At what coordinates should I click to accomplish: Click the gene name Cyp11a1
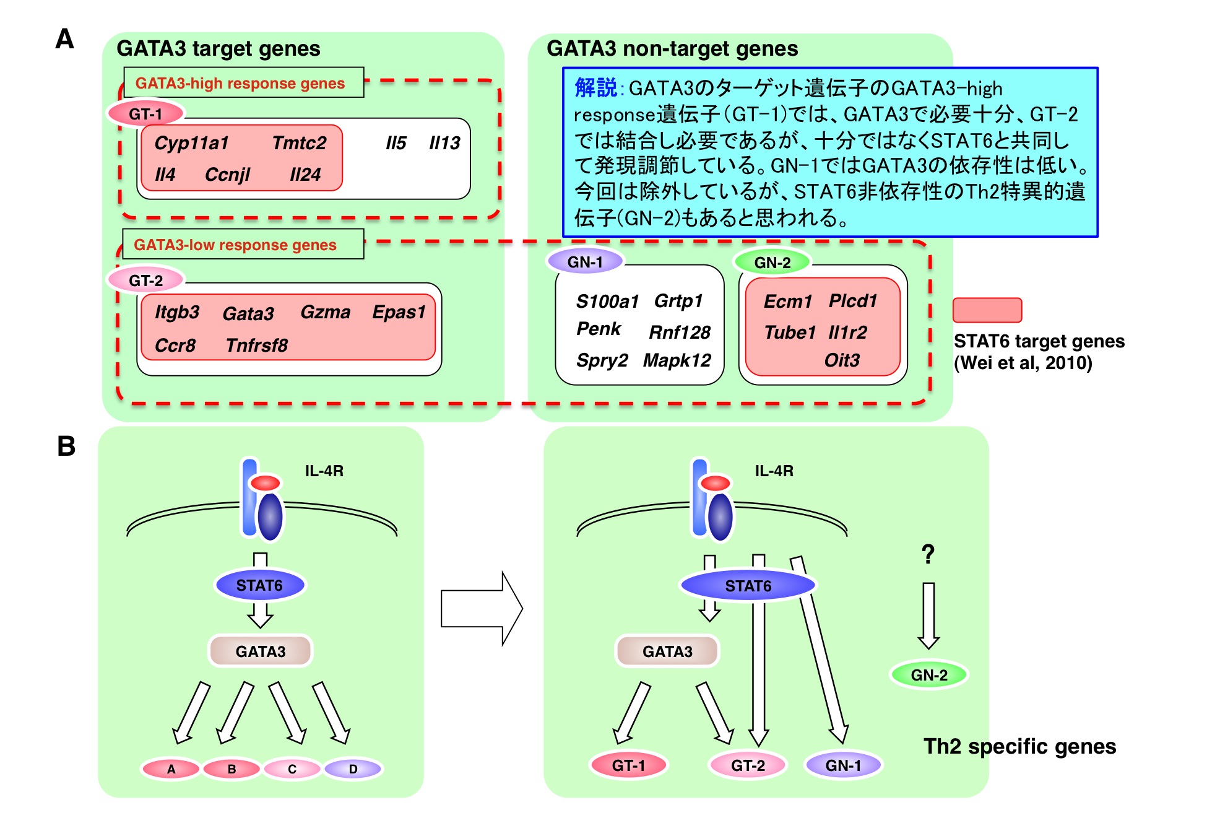191,143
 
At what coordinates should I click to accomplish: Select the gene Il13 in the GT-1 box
444,143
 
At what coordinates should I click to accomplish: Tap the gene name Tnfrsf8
256,345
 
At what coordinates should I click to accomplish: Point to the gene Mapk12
677,360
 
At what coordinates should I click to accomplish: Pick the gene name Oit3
841,360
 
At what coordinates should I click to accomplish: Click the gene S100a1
607,302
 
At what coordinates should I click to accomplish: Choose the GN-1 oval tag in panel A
585,262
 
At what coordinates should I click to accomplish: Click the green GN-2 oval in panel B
928,675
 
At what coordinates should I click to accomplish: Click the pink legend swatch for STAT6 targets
987,310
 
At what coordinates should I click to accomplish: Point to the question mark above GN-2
927,554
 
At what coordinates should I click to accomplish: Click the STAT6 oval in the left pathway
259,585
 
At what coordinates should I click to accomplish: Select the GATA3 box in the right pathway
667,651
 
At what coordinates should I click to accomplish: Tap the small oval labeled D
353,769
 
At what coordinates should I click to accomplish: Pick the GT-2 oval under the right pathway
748,765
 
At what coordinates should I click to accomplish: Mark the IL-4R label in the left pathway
324,471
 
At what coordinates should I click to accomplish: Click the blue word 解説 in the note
595,88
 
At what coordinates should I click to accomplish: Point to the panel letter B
66,446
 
